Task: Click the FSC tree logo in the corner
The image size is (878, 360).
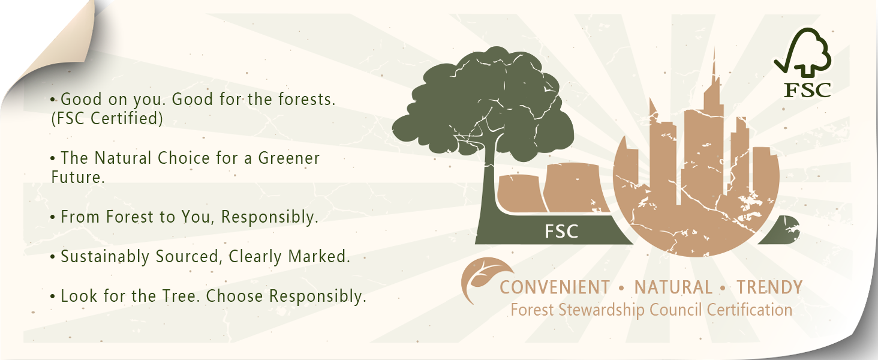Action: point(803,63)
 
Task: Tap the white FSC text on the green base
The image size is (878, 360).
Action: point(561,232)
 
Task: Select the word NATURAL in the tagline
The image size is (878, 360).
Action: point(673,288)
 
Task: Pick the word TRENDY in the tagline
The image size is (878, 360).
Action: point(769,288)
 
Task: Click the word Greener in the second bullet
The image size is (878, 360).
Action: point(289,158)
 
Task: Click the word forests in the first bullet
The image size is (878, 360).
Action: point(306,100)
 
